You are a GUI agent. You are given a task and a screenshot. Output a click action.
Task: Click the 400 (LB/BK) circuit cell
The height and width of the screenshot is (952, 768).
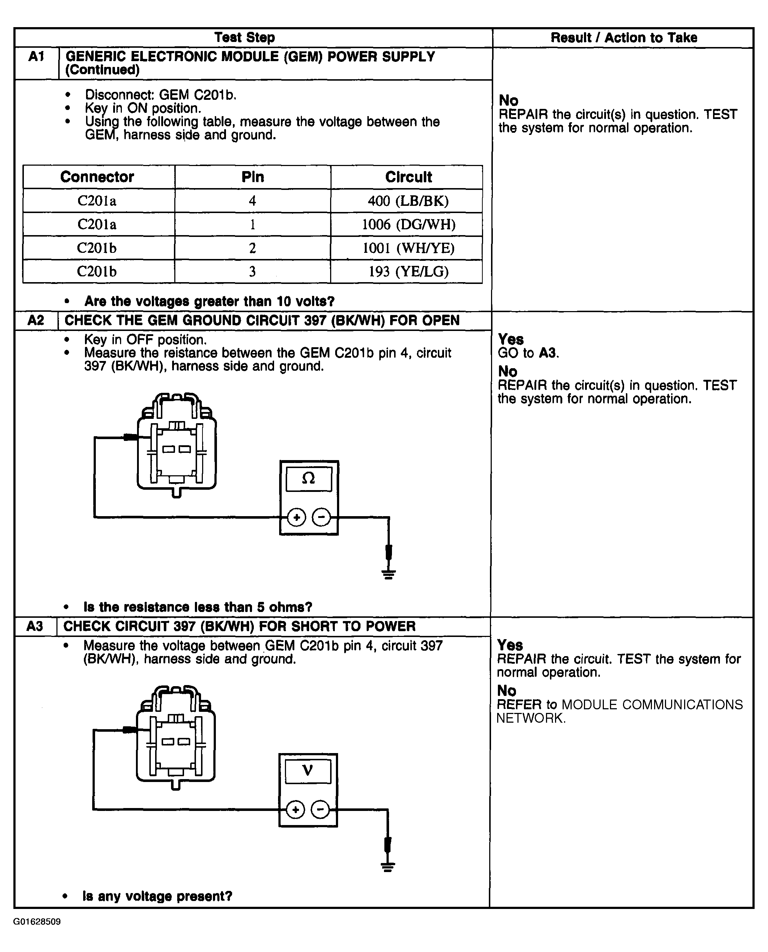coord(408,201)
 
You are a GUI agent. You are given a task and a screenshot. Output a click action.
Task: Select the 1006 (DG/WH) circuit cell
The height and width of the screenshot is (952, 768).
coord(408,224)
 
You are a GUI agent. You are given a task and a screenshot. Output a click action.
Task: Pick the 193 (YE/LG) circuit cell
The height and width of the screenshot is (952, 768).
coord(408,271)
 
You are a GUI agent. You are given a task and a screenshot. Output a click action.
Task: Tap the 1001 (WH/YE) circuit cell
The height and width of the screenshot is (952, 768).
coord(408,248)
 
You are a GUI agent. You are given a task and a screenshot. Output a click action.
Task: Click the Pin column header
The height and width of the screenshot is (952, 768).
coord(253,177)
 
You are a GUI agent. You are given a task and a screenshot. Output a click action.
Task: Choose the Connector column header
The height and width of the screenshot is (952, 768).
coord(97,177)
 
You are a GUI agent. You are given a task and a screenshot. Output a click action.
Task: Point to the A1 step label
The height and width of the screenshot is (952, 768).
coord(36,57)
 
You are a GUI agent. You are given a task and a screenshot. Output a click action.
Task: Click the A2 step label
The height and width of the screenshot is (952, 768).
coord(36,320)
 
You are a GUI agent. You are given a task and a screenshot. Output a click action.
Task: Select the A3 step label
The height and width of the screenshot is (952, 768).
coord(35,626)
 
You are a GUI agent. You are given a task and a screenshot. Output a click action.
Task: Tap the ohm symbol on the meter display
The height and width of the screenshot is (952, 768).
coord(308,478)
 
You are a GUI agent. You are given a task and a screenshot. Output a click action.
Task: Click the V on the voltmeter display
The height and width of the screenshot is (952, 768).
coord(307,770)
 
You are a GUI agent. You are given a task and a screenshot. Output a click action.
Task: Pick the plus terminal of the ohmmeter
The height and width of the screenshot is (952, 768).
coord(296,517)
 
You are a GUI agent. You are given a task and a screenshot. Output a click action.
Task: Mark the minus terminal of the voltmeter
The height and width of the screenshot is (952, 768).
coord(320,810)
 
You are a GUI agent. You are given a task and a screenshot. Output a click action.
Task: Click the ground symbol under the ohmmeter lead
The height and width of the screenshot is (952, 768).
coord(388,574)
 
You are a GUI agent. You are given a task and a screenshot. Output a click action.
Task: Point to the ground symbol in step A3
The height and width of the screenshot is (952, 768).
coord(388,867)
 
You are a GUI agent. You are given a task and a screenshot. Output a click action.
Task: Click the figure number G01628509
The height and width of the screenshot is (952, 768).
coord(37,922)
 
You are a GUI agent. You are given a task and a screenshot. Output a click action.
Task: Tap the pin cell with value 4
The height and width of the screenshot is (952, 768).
coord(253,201)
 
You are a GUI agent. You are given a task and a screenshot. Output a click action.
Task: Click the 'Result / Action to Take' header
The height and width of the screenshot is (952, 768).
coord(624,38)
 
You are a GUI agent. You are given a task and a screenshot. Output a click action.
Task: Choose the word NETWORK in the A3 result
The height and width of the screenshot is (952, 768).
coord(530,718)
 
